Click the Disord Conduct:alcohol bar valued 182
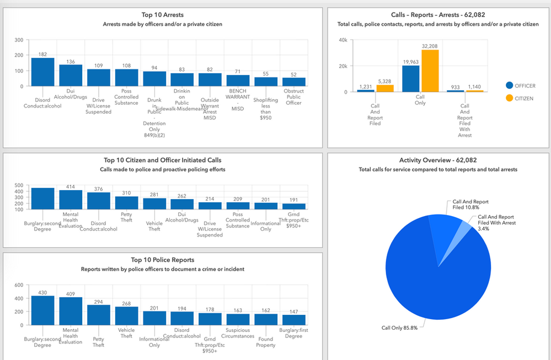[42, 72]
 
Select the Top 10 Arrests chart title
[163, 15]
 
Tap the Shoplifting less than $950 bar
[266, 82]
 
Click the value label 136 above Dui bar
[71, 61]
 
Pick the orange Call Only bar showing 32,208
[430, 71]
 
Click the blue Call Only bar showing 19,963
[411, 79]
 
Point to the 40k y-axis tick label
[343, 40]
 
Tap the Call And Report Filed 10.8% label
[470, 205]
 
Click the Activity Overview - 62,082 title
[438, 160]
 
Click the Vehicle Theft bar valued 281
[154, 203]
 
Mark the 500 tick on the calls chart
[19, 185]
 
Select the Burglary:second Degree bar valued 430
[42, 310]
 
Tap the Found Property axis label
[265, 342]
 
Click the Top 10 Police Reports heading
[163, 260]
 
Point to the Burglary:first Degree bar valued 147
[293, 320]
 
